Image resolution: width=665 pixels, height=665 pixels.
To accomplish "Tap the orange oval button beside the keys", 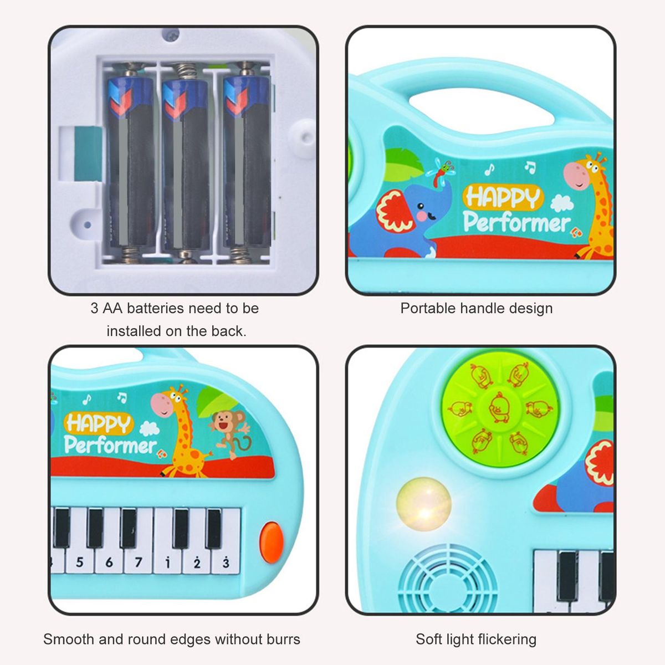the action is (x=272, y=542).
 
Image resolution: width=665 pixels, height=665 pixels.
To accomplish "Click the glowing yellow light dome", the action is (x=424, y=504).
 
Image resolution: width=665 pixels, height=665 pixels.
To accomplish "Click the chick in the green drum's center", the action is (x=500, y=407).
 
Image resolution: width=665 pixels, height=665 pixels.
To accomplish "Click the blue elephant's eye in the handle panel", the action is (x=420, y=206).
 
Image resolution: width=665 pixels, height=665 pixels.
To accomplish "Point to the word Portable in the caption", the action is (x=428, y=308).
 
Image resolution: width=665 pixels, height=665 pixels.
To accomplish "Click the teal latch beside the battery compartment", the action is (x=88, y=154).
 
